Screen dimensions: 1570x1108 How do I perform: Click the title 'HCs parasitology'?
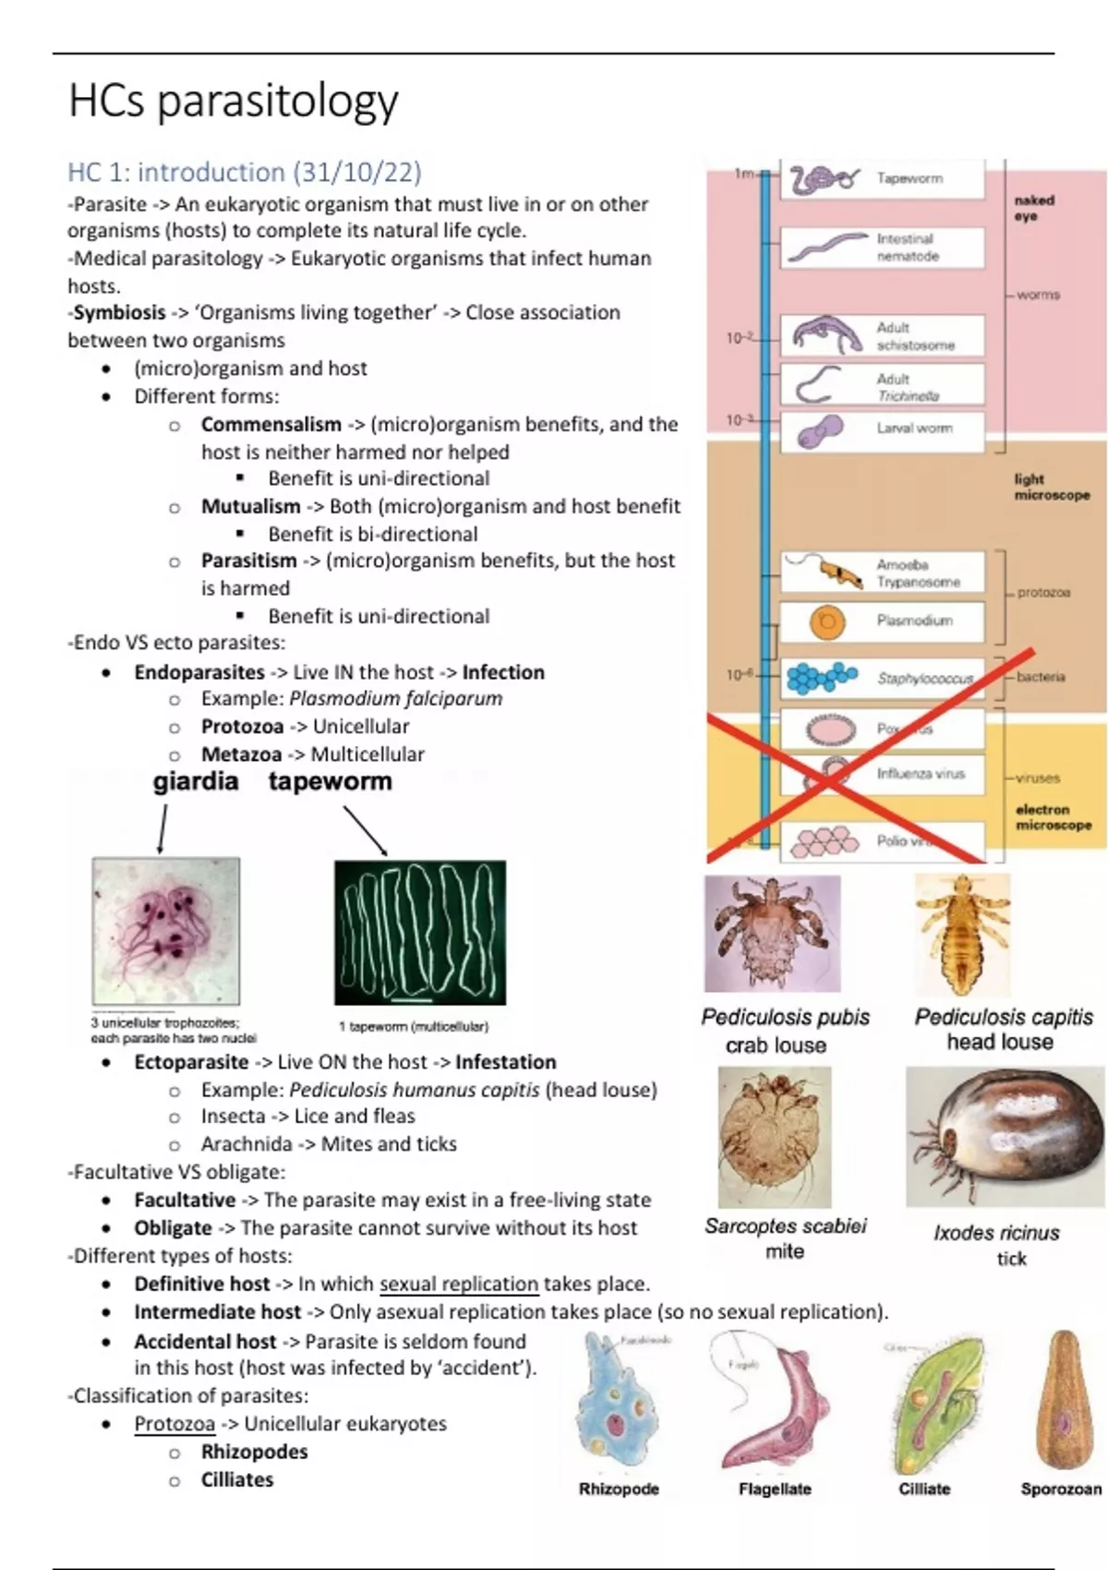coord(234,101)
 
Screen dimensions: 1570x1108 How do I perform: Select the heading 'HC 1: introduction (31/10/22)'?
coord(244,173)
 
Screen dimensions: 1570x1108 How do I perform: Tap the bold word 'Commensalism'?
coord(271,425)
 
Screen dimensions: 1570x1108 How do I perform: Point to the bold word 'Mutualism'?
coord(250,506)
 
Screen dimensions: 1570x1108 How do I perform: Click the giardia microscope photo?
coord(166,930)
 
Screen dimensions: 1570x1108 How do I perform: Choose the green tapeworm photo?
coord(420,932)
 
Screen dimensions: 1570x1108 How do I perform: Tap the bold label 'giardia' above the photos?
coord(196,781)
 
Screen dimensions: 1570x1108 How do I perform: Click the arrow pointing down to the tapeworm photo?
coord(366,830)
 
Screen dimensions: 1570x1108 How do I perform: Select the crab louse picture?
coord(772,933)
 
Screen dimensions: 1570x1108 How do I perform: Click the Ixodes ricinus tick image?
coord(1005,1136)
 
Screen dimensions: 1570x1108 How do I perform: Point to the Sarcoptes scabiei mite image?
coord(774,1136)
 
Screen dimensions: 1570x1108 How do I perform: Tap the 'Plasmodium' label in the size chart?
coord(914,621)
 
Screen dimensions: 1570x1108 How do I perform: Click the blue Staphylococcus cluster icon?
coord(821,678)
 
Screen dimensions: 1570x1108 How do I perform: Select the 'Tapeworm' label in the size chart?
coord(909,178)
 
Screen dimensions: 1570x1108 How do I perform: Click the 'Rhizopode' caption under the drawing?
coord(619,1489)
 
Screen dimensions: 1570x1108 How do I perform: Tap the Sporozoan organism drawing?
coord(1065,1399)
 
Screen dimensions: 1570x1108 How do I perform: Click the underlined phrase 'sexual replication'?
coord(459,1284)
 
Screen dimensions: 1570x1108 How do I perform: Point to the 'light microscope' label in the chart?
coord(1052,487)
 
